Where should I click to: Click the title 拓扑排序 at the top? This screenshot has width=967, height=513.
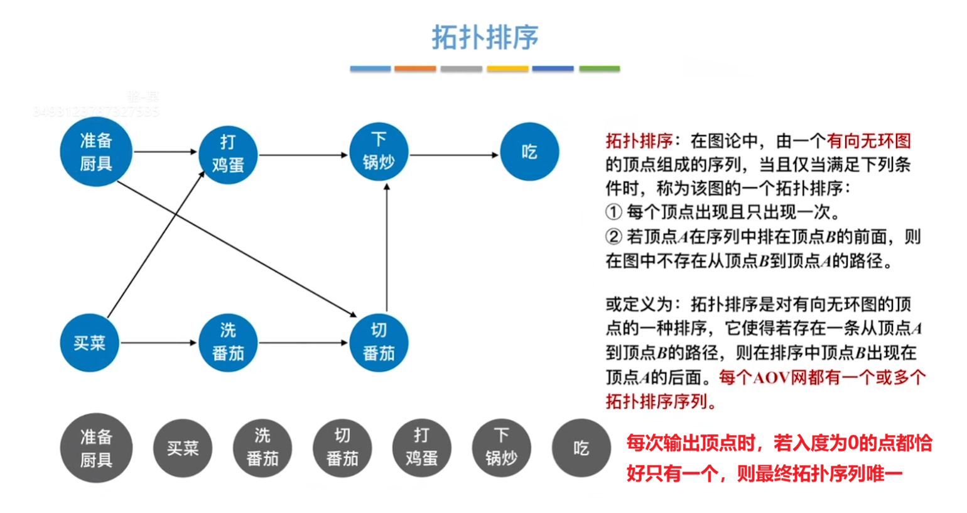485,37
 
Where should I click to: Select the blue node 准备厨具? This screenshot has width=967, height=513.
96,152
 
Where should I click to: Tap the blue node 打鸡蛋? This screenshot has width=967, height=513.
228,153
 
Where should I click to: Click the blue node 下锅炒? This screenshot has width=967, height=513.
379,152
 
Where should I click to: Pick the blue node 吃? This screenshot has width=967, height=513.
529,152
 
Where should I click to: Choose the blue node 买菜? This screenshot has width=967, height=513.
89,343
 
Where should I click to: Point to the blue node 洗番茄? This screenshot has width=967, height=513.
228,343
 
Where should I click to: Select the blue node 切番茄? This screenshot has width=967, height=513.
379,343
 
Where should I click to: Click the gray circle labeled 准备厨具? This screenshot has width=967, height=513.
96,448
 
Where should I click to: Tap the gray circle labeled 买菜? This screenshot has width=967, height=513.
183,448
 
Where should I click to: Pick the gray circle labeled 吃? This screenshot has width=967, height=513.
581,448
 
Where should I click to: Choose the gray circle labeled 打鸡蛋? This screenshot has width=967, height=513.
421,448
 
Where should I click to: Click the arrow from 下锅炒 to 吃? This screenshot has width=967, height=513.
453,155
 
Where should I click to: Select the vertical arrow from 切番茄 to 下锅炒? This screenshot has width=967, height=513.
387,248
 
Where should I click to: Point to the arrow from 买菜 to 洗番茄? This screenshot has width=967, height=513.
158,343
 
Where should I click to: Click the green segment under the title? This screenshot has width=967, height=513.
599,69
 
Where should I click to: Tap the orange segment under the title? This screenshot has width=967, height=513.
415,69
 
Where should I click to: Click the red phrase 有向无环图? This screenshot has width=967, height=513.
868,141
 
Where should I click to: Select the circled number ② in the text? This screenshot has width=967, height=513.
613,237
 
